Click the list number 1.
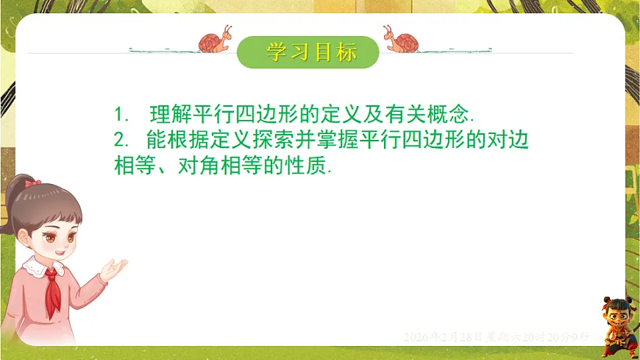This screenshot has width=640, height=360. [121, 116]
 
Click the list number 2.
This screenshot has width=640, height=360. [121, 141]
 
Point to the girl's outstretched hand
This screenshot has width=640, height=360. [114, 268]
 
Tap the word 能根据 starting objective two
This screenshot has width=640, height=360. [177, 141]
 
